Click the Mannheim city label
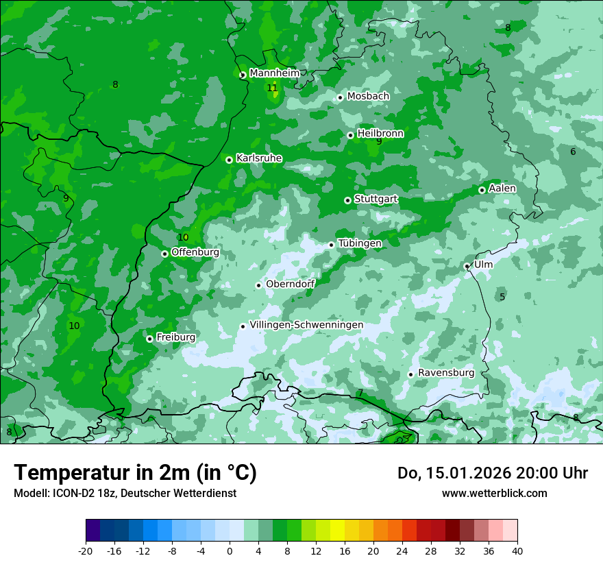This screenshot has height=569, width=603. (274, 73)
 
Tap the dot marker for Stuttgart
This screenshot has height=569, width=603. (347, 200)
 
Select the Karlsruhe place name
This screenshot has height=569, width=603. (259, 158)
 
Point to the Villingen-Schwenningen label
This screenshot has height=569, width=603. (306, 325)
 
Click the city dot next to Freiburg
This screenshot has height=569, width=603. (149, 339)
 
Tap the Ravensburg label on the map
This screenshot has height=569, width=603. (446, 373)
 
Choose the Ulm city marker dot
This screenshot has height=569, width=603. (467, 266)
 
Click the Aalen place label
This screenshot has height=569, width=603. (502, 189)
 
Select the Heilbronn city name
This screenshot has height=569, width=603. (380, 134)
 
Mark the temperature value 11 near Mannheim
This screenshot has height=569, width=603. (272, 88)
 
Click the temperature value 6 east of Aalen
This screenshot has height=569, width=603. (573, 152)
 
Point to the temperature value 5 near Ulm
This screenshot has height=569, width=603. (502, 297)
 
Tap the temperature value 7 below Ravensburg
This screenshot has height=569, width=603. (360, 393)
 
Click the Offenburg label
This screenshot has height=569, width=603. (195, 252)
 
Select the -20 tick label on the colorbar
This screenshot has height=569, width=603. (86, 550)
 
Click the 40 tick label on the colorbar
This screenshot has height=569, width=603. (517, 550)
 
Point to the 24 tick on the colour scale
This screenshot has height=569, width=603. (402, 550)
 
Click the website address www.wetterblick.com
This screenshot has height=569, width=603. (494, 493)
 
